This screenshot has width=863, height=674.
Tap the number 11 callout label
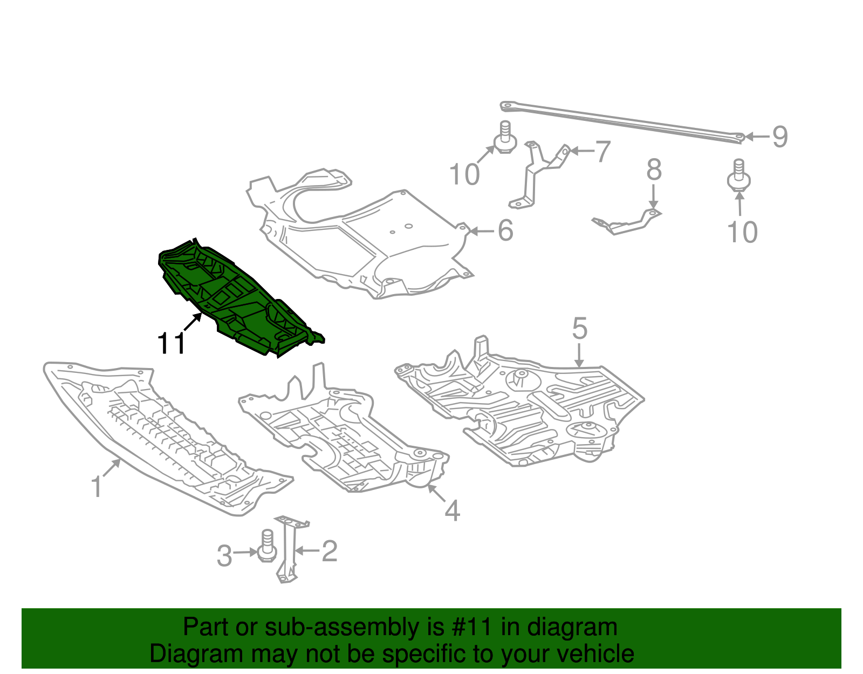click(x=171, y=343)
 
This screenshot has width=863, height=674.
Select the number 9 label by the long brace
click(x=779, y=137)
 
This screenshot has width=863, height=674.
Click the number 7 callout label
click(x=603, y=151)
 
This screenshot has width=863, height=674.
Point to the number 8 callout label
click(x=654, y=169)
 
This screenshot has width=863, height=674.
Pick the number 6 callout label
click(x=505, y=230)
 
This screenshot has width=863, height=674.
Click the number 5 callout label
click(x=579, y=328)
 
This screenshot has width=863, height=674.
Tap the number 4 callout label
click(x=453, y=511)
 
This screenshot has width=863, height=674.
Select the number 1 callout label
click(x=97, y=487)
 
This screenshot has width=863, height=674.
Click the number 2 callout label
click(x=330, y=552)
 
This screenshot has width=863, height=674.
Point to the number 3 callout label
click(x=224, y=556)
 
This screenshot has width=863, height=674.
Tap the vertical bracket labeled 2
click(x=289, y=550)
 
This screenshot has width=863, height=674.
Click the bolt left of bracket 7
click(x=505, y=138)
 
